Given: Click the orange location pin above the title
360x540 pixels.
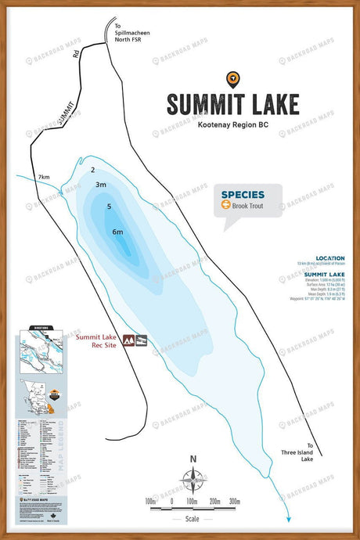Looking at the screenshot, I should [232, 78].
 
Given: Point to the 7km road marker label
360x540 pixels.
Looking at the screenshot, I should [44, 178].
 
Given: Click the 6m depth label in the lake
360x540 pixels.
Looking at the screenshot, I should [117, 232].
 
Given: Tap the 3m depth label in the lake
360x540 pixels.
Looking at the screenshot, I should [100, 185].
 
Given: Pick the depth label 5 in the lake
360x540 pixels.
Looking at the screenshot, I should [110, 207].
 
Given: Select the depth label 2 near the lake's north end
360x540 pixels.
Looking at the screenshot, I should [92, 170].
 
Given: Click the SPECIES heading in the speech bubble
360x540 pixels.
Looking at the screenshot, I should [242, 195].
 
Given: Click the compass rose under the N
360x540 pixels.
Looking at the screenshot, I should [193, 477].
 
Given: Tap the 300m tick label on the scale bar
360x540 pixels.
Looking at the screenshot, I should [235, 501].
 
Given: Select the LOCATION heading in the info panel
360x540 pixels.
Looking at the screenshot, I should [329, 258].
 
